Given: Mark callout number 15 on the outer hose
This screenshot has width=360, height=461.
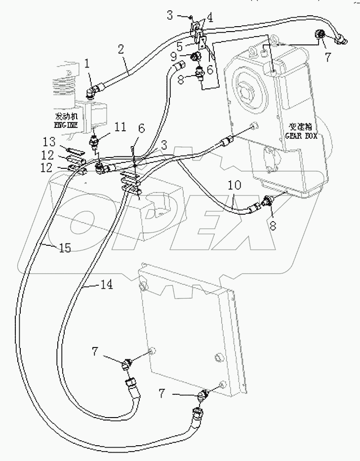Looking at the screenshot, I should tap(65, 248).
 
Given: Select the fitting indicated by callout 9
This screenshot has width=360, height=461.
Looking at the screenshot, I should tap(197, 58).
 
